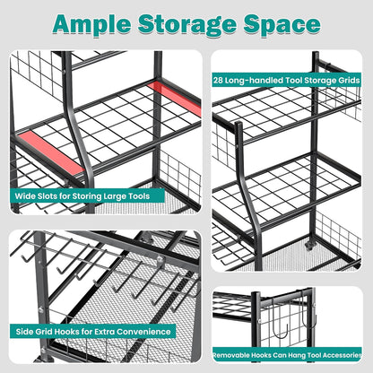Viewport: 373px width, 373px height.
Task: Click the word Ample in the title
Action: click(92, 24)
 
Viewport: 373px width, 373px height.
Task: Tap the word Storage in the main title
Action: click(187, 25)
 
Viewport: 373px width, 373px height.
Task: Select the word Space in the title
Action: click(282, 24)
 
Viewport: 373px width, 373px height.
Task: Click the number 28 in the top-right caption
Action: click(218, 81)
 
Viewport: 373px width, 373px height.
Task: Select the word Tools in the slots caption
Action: click(139, 196)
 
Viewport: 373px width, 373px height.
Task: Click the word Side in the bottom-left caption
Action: click(24, 332)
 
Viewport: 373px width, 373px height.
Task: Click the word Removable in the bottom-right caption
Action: click(231, 355)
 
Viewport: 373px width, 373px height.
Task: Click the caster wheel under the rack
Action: click(309, 246)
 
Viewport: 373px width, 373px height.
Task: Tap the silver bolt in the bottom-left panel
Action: click(160, 260)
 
